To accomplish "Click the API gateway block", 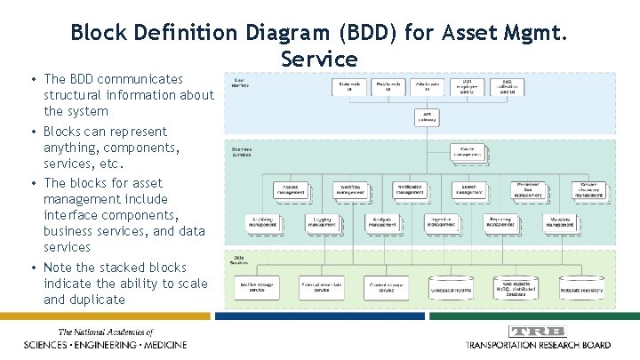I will pyautogui.click(x=428, y=116).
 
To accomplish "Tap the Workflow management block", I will pyautogui.click(x=351, y=188).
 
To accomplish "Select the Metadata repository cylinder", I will pyautogui.click(x=582, y=287).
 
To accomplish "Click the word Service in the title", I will pyautogui.click(x=319, y=59).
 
